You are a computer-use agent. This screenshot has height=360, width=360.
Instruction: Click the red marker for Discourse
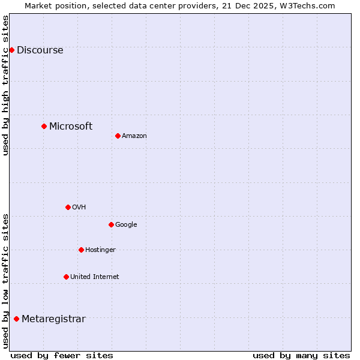click(x=11, y=50)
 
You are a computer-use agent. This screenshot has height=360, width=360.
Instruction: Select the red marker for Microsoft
click(x=44, y=126)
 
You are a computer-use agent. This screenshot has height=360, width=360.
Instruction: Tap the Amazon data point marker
click(x=118, y=136)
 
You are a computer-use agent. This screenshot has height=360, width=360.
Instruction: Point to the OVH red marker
click(x=68, y=207)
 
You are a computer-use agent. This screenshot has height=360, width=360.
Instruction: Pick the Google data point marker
click(x=111, y=224)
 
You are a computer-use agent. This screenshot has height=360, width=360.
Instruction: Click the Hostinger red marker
click(x=81, y=250)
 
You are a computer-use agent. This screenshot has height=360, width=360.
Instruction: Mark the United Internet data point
click(x=66, y=277)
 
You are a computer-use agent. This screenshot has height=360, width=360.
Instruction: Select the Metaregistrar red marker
click(x=16, y=319)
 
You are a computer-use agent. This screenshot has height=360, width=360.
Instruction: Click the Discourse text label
click(x=40, y=50)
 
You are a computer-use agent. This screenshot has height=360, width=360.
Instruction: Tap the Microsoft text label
click(x=71, y=127)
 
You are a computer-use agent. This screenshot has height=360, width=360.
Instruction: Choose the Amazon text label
click(x=134, y=136)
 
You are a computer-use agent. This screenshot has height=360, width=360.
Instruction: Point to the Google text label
click(x=126, y=225)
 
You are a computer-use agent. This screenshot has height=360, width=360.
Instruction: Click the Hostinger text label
click(x=100, y=250)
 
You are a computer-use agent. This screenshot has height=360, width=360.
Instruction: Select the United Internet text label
click(x=95, y=277)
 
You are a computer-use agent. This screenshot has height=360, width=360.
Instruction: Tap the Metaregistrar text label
click(x=53, y=319)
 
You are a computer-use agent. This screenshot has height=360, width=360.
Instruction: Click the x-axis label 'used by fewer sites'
click(x=62, y=355)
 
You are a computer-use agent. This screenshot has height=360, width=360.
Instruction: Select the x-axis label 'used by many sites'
click(x=301, y=355)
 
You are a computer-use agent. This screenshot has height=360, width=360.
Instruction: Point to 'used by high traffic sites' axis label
click(x=6, y=85)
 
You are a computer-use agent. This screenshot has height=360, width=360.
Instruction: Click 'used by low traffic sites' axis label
click(x=6, y=281)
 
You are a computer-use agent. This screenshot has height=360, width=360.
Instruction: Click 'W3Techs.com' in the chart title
click(x=310, y=5)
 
